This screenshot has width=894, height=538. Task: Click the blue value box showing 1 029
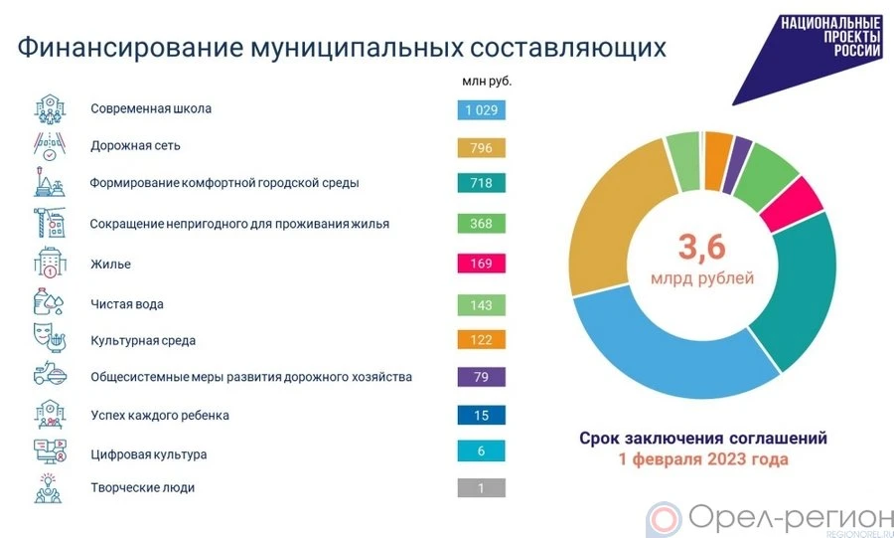(481, 109)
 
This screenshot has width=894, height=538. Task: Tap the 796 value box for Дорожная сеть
(481, 147)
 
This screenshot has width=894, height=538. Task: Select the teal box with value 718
(481, 184)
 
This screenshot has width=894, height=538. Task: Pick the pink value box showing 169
(481, 265)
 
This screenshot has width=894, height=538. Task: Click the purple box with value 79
(481, 377)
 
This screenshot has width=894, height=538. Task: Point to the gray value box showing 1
(481, 488)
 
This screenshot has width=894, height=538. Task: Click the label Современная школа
(151, 108)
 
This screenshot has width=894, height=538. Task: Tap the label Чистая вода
(127, 303)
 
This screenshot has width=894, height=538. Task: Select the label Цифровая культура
(149, 454)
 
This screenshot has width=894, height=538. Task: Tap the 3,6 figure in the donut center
(702, 247)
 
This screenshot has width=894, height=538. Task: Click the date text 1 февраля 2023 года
(702, 460)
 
